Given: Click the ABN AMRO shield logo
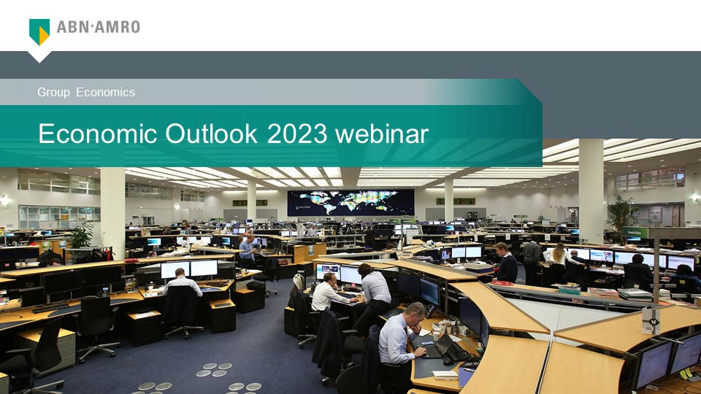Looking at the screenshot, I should coord(39,32).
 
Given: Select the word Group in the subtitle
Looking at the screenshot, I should coord(53,92).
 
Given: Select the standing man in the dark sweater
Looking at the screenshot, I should coord(505,263).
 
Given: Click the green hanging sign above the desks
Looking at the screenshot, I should coord(635,232).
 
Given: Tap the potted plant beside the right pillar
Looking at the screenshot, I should coord(622,213).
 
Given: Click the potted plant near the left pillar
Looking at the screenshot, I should coord(82,236).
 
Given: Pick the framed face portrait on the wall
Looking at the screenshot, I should coord(655,215).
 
